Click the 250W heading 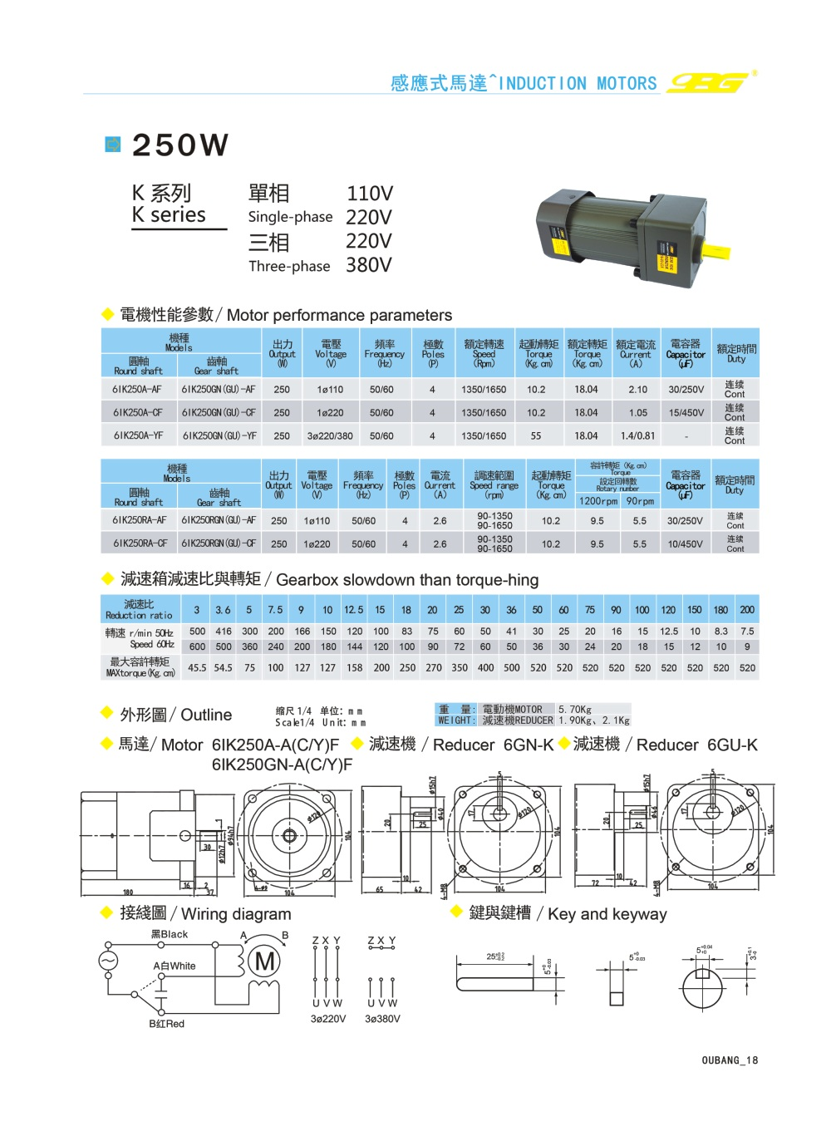[x=180, y=145]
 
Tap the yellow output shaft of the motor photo [x=716, y=250]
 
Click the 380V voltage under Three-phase [x=369, y=265]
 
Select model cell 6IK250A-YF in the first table [x=138, y=435]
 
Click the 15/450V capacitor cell [x=686, y=412]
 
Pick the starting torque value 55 [x=536, y=435]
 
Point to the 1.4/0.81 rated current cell [x=637, y=435]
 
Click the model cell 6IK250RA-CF [x=140, y=543]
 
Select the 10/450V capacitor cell [x=685, y=543]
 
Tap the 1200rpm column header [x=597, y=501]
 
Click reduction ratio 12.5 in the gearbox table [x=354, y=610]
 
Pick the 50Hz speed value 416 [x=224, y=632]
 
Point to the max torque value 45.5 [x=197, y=668]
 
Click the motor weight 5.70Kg [x=575, y=710]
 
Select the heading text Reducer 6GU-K [x=696, y=745]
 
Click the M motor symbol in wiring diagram [x=266, y=961]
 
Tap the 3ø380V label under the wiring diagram [x=382, y=1019]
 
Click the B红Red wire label [x=166, y=1024]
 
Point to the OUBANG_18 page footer [x=730, y=1060]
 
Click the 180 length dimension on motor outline [x=128, y=892]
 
